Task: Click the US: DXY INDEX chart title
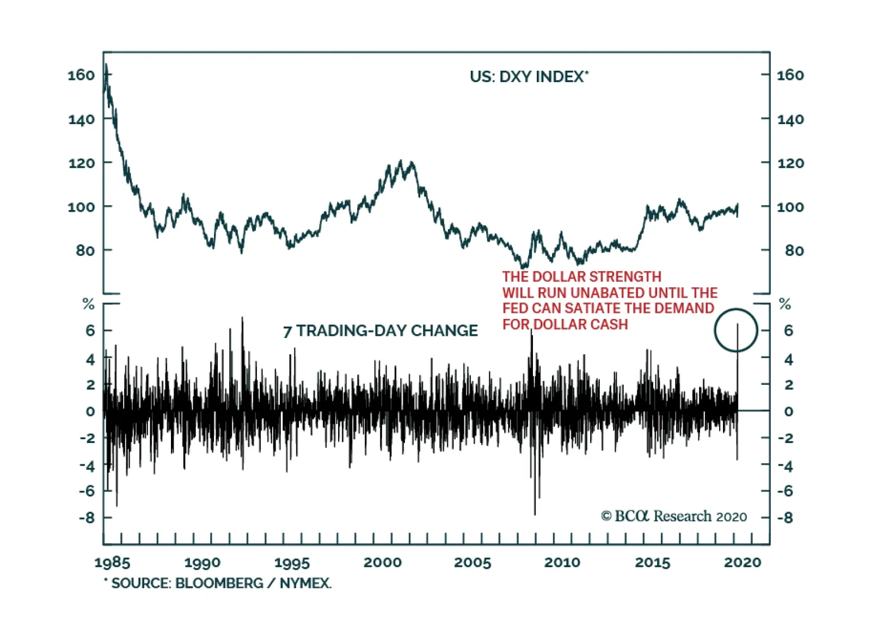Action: point(529,76)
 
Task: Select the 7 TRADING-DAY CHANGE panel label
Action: point(380,330)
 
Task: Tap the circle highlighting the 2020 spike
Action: point(735,330)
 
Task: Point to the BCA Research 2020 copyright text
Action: point(674,516)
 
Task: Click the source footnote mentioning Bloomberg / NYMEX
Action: point(218,583)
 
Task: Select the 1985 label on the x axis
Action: point(112,563)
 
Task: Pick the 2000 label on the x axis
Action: point(382,563)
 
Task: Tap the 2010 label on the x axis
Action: point(562,563)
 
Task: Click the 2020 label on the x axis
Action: point(743,563)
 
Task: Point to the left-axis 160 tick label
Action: point(81,75)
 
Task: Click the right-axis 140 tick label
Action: point(790,119)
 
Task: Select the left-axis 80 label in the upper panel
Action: point(85,250)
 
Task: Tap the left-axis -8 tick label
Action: point(87,517)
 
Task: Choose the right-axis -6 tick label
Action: point(785,491)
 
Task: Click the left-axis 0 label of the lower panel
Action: point(90,411)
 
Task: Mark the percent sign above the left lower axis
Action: point(88,304)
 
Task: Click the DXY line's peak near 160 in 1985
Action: point(106,65)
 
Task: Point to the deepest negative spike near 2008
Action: point(535,513)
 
